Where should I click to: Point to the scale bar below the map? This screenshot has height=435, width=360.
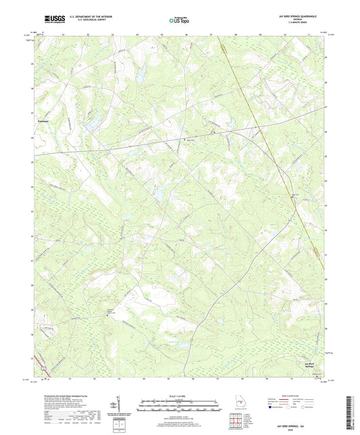(x=179, y=402)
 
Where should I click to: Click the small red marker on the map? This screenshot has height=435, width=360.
(x=187, y=140)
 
